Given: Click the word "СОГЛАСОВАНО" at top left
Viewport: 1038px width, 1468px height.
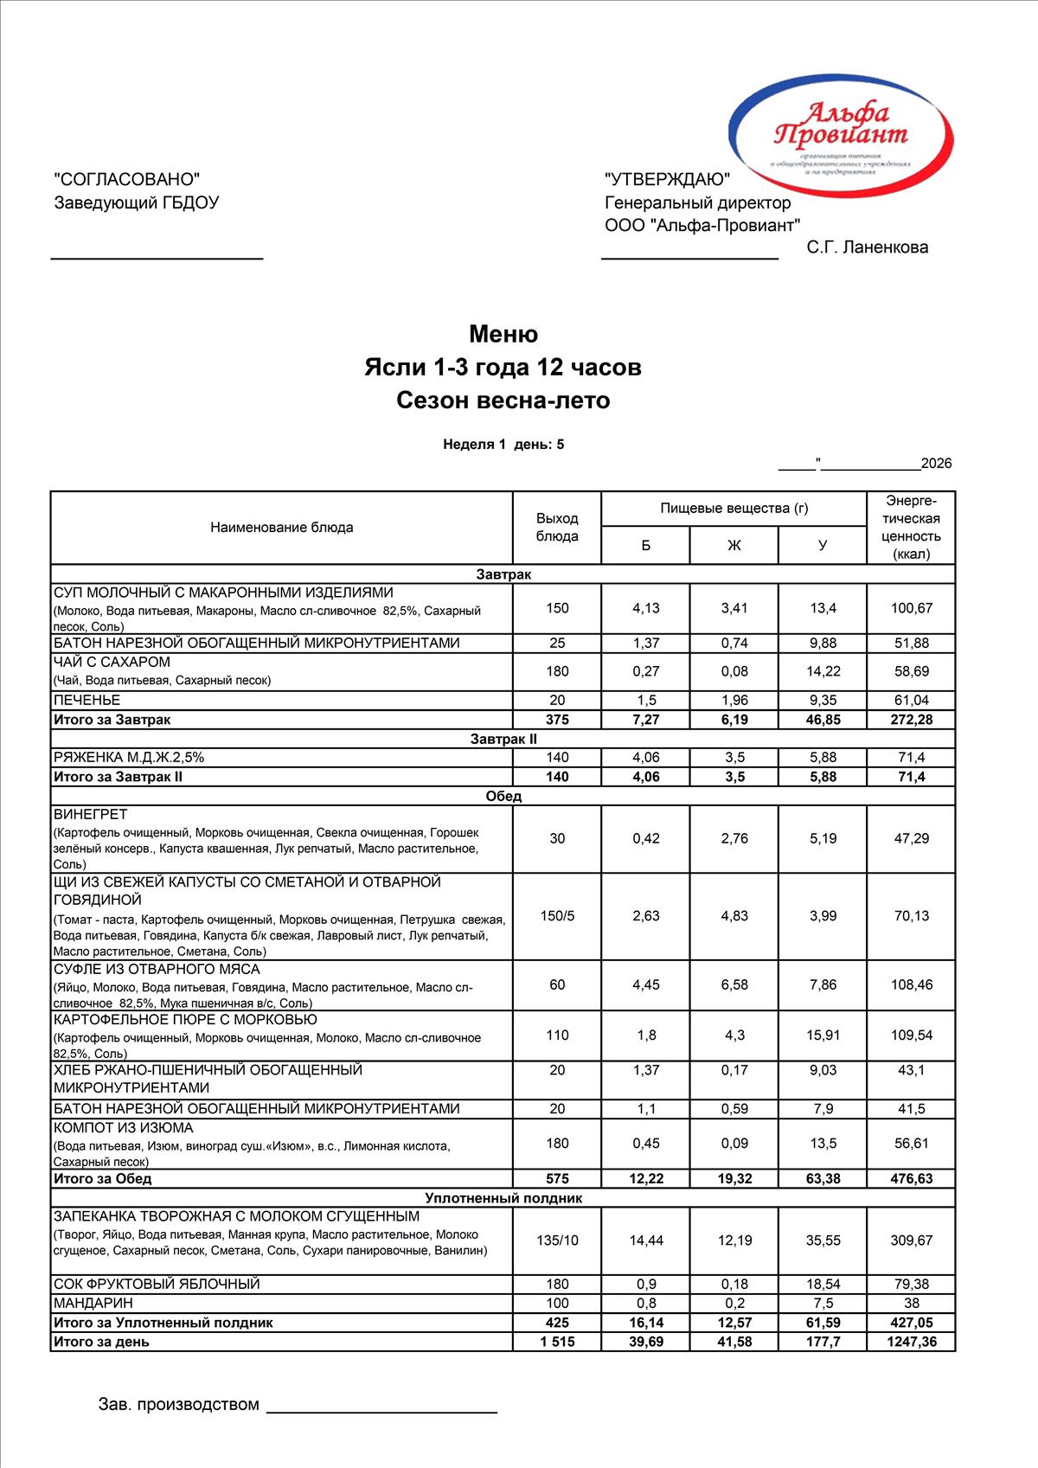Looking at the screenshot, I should [x=126, y=179].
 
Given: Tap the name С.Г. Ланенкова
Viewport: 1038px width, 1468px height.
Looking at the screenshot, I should [x=867, y=247].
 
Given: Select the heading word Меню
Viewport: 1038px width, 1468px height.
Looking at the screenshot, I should [x=503, y=334].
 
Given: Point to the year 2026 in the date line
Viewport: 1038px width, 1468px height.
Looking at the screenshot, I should [x=936, y=464].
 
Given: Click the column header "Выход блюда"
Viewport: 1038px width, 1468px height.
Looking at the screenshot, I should [x=557, y=527].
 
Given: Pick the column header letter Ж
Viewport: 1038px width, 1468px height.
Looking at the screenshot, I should [x=734, y=545].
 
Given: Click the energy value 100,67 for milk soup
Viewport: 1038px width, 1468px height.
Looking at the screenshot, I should [x=912, y=608].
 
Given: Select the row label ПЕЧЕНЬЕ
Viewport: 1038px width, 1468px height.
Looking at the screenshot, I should [x=87, y=700].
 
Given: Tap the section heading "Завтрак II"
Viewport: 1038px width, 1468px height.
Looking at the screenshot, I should [x=503, y=739].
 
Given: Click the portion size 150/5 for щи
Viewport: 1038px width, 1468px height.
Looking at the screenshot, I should [x=557, y=916].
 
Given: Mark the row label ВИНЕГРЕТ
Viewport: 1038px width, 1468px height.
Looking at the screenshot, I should [x=91, y=814].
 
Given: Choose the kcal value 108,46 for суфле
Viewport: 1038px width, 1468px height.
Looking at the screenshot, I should [x=912, y=984].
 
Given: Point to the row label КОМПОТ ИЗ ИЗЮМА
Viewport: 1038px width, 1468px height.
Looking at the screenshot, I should [x=124, y=1128].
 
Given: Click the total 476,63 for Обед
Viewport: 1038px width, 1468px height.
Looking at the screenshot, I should [x=912, y=1178].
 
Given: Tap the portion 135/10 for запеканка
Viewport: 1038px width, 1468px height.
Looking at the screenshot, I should [x=557, y=1240].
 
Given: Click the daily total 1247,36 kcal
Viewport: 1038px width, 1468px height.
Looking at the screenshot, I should [x=912, y=1342].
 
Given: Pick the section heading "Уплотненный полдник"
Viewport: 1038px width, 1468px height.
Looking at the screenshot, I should [x=503, y=1198].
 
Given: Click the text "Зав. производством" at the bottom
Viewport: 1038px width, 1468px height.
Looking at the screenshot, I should [x=179, y=1404].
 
